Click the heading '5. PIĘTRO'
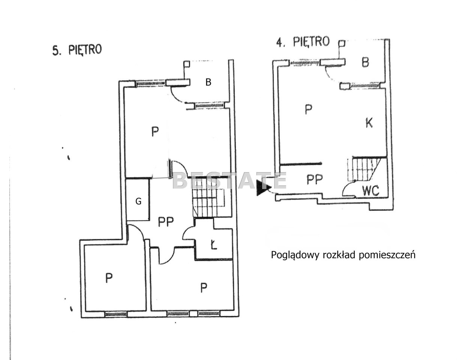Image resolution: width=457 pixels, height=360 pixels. [x=77, y=50]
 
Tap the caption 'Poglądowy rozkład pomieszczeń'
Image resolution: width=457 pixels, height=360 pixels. [x=343, y=255]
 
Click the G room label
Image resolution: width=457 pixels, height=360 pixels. [x=138, y=201]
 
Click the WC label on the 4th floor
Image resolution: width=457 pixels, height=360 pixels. [x=370, y=190]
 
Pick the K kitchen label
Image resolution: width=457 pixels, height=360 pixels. [x=369, y=123]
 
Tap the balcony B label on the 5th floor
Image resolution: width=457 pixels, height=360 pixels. [x=208, y=82]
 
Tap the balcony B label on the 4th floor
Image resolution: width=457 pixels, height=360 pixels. [x=365, y=63]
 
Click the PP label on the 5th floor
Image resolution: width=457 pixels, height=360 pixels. [x=166, y=222]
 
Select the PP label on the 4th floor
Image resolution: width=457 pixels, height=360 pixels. [x=315, y=179]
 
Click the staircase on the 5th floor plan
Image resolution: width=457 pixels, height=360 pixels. [x=208, y=202]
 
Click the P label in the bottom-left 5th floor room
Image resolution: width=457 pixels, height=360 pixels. [x=109, y=278]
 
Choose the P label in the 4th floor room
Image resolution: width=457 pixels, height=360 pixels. [x=308, y=109]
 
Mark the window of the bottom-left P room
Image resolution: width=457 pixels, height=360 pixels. [x=116, y=314]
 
